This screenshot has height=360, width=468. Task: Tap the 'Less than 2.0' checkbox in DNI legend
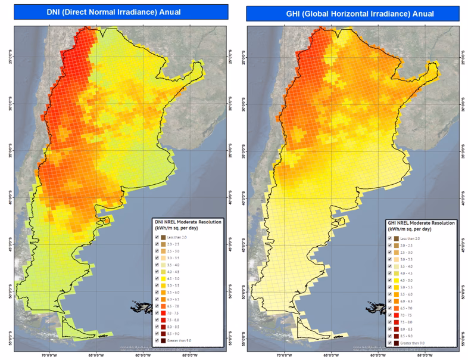(157, 237)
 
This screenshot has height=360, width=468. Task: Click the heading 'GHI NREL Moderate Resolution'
(422, 222)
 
